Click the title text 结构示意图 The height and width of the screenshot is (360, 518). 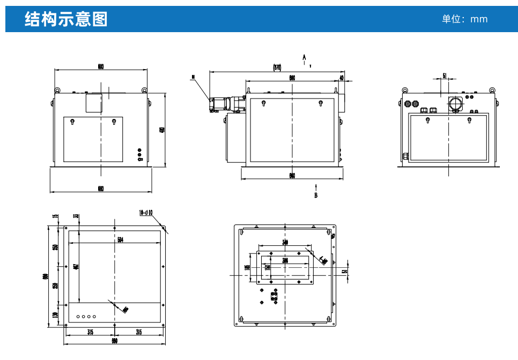(66, 19)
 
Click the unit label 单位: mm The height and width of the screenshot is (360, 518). (464, 19)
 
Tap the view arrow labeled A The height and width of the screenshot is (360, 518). (305, 57)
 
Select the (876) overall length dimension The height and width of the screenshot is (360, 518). (277, 67)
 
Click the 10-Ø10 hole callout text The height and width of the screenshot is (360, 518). (146, 213)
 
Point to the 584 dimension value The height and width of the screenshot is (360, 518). (121, 240)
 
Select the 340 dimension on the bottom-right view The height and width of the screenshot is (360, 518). (285, 243)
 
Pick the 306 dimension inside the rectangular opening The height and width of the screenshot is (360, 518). (285, 260)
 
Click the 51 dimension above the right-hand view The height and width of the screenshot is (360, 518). (445, 76)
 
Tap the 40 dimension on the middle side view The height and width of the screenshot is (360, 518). (341, 78)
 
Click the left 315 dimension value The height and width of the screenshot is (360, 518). (90, 332)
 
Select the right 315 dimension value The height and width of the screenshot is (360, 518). (139, 332)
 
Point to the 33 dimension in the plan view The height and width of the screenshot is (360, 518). (76, 216)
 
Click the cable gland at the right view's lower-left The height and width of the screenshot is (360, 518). (405, 156)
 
